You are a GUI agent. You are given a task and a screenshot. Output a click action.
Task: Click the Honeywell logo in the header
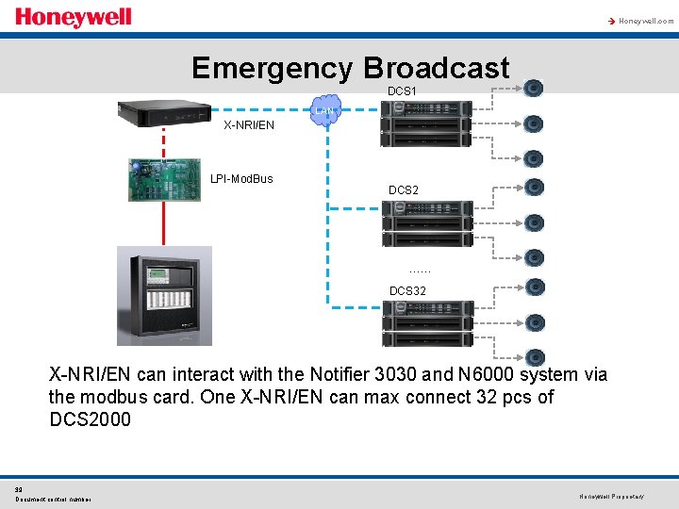tap(74, 18)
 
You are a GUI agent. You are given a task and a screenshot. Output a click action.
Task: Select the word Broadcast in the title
tap(436, 68)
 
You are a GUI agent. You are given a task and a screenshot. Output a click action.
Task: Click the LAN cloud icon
tap(326, 108)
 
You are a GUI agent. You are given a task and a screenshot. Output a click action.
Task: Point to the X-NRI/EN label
tap(249, 125)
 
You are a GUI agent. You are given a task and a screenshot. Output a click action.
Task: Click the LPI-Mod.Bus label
tap(241, 178)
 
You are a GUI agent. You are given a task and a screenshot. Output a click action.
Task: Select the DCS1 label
tap(403, 91)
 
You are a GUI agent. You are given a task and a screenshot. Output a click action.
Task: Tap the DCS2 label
tap(404, 190)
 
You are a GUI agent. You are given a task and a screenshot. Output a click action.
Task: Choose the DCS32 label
tap(407, 291)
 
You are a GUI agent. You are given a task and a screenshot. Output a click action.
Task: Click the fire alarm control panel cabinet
tap(164, 295)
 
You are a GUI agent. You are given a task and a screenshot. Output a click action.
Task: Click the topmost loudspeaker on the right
tap(534, 89)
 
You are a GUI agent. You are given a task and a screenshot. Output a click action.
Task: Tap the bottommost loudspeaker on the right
tap(534, 357)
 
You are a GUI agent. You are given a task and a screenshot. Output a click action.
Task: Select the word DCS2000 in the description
tap(90, 419)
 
